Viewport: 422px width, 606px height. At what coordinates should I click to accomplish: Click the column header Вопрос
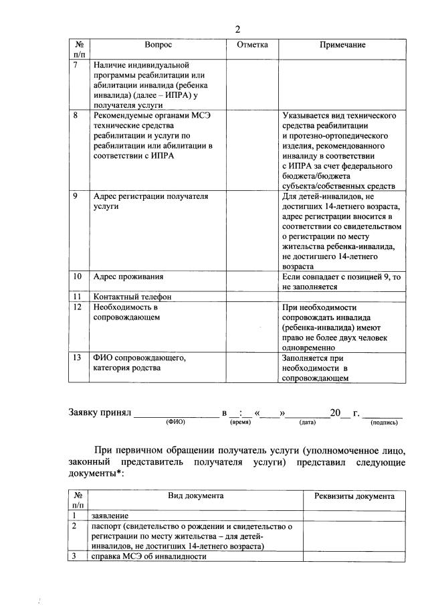[159, 45]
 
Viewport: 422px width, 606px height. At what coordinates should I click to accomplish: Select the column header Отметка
[253, 45]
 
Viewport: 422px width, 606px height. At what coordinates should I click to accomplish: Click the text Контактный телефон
[133, 297]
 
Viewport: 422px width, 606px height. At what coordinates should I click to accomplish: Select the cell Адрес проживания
[128, 277]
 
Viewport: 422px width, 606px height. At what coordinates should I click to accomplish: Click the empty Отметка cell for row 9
[253, 230]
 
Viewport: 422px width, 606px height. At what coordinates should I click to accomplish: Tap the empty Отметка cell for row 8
[253, 151]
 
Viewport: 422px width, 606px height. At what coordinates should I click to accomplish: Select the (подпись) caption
[384, 423]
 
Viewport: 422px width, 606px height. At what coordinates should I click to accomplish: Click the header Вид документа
[195, 496]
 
